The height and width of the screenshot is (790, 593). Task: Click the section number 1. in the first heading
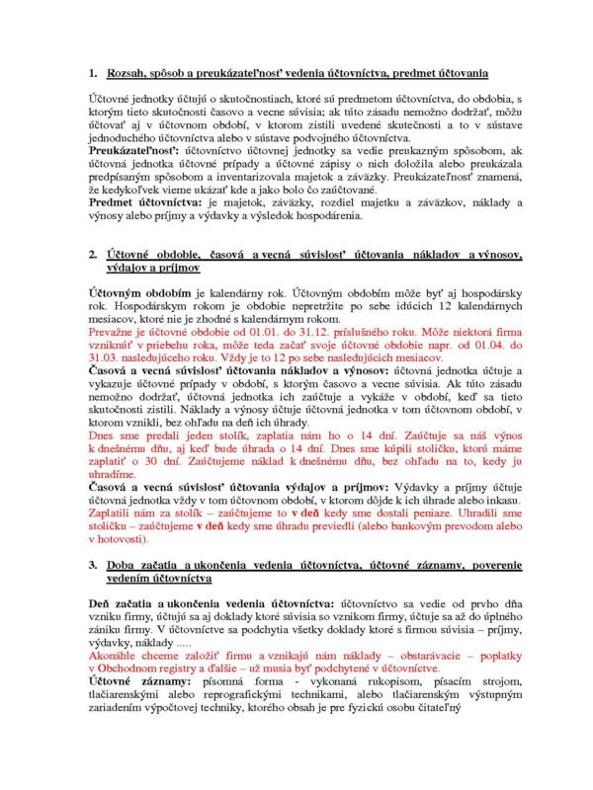pos(94,74)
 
